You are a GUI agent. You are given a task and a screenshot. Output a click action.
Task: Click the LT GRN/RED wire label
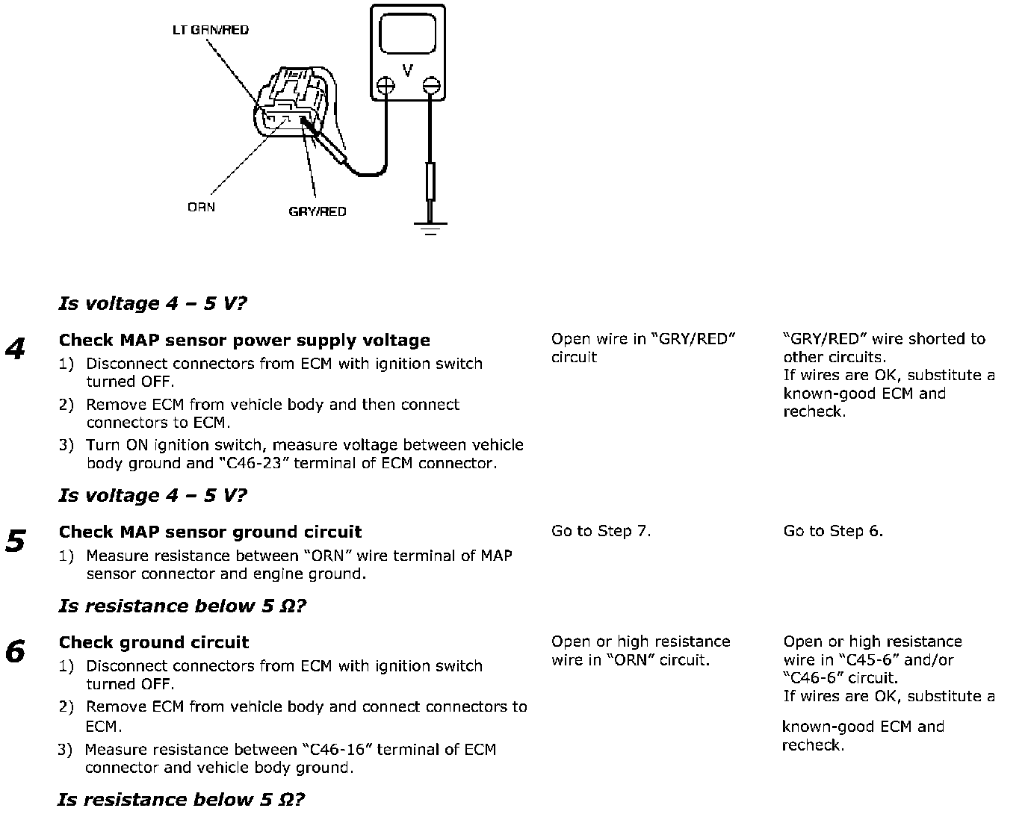pos(211,30)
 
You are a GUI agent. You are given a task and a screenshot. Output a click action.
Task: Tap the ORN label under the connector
pos(201,207)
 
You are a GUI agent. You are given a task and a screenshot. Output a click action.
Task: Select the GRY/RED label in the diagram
pos(318,211)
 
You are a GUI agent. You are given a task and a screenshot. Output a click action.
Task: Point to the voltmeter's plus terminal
pos(385,87)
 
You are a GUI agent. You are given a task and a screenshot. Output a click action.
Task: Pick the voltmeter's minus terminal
pos(430,87)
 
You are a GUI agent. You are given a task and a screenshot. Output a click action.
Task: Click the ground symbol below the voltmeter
pos(430,227)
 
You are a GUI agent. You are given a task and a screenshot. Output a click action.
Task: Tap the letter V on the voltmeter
pos(407,71)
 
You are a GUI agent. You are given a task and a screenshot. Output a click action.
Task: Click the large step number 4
pos(16,349)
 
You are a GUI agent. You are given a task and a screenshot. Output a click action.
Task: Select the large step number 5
pos(16,541)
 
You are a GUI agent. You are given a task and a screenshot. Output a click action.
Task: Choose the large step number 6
pos(16,652)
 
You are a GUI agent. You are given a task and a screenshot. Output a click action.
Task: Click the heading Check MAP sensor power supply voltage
pos(244,341)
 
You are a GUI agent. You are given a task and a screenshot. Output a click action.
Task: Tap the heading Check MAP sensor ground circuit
pos(210,532)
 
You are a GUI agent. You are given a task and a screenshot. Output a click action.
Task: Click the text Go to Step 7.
pos(601,531)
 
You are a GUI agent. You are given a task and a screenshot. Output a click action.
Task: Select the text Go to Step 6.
pos(833,531)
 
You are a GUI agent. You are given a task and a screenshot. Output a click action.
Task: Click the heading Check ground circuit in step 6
pos(154,643)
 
